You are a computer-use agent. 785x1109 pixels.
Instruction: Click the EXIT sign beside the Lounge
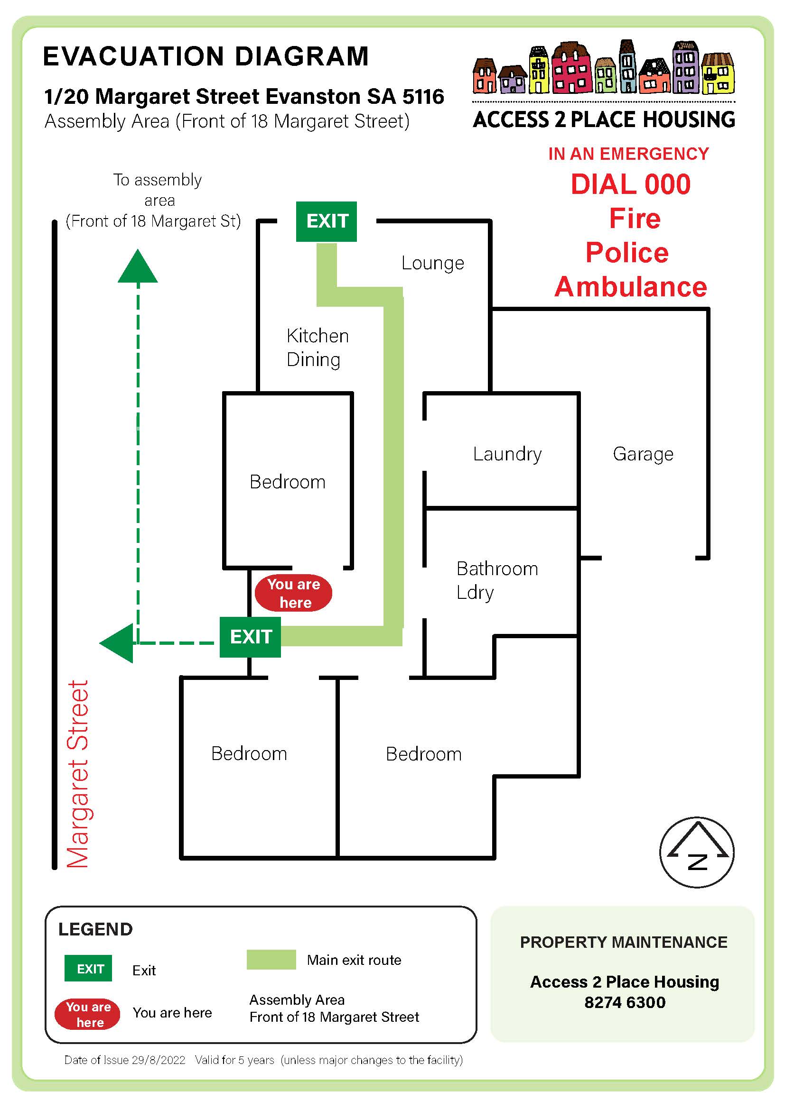(x=326, y=221)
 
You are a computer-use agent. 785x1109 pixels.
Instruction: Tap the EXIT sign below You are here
(x=251, y=637)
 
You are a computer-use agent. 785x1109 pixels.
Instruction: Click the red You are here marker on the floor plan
(x=293, y=593)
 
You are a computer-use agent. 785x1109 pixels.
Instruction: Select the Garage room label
(x=643, y=454)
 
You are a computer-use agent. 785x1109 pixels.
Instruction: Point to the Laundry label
(x=507, y=454)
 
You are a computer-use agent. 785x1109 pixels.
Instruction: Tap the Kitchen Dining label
(x=318, y=347)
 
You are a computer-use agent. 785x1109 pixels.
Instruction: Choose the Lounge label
(x=433, y=263)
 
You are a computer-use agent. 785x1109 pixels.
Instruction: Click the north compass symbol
(x=697, y=852)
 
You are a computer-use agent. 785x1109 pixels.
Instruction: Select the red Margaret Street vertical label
(x=78, y=774)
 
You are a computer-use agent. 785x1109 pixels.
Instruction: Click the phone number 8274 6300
(x=625, y=1002)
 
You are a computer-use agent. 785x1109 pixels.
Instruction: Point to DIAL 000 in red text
(x=630, y=184)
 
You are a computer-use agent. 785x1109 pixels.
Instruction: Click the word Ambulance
(x=630, y=287)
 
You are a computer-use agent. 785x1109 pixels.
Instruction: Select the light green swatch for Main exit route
(x=271, y=959)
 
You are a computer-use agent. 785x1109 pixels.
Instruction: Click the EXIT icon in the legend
(x=88, y=969)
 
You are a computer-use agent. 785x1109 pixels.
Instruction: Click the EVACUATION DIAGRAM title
(x=206, y=56)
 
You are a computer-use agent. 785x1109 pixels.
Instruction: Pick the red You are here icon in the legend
(x=87, y=1014)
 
